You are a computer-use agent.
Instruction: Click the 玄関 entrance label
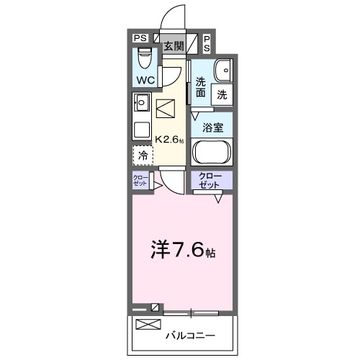click(x=173, y=46)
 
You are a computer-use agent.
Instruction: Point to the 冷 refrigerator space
click(x=143, y=155)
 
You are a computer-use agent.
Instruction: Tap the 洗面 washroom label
click(x=200, y=87)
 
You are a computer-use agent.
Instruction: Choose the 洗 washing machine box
click(x=222, y=93)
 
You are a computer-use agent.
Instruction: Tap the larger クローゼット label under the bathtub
click(x=212, y=181)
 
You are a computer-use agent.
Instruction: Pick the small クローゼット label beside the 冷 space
click(x=139, y=181)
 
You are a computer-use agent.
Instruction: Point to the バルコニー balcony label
click(x=190, y=336)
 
